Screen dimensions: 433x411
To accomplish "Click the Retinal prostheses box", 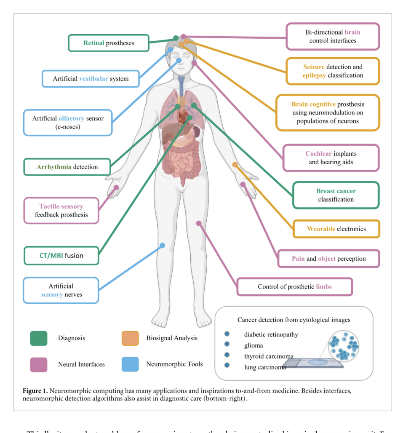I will [109, 43].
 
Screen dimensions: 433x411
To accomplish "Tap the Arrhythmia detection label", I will [67, 167].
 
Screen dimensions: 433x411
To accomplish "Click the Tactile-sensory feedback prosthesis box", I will [61, 211].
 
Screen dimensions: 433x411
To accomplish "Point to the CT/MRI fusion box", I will [61, 256].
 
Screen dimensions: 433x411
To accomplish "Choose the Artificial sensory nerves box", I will [61, 290].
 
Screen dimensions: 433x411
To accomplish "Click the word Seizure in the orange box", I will [314, 67].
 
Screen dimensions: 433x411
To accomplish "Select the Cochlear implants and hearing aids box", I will [331, 158].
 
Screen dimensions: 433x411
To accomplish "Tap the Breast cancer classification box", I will [336, 195].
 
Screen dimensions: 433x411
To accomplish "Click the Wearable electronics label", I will [336, 229].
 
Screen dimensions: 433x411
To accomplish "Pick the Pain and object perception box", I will [329, 259].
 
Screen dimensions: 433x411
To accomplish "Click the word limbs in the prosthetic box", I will [324, 287].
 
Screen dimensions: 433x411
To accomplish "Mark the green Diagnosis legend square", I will [39, 338].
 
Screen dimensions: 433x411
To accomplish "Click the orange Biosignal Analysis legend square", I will [130, 338].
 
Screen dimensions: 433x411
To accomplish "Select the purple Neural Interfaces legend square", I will [39, 364].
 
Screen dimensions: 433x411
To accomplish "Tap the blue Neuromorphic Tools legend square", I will [130, 364].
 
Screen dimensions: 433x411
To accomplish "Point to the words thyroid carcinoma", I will [269, 356].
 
